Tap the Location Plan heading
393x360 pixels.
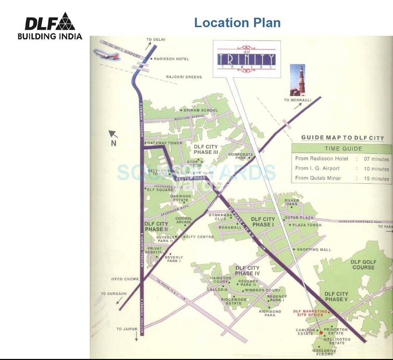tap(237, 22)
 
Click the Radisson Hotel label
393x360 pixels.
tap(171, 59)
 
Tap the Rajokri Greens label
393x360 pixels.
tap(184, 77)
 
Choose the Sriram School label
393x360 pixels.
tap(201, 110)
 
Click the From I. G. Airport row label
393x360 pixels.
tap(317, 169)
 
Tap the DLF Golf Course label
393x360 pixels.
tap(363, 264)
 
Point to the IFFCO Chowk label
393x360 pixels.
tap(123, 278)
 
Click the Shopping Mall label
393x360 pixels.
tap(314, 250)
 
